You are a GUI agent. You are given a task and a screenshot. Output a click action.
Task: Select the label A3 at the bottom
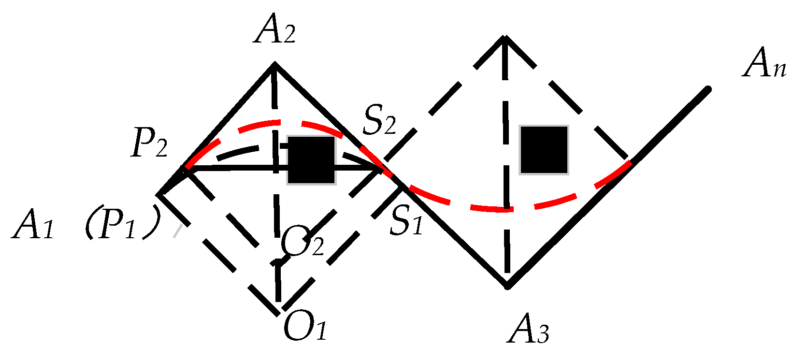[528, 332]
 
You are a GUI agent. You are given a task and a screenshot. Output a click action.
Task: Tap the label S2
[379, 122]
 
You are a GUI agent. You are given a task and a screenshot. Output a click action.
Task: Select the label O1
[305, 327]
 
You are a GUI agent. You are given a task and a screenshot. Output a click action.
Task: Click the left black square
[311, 160]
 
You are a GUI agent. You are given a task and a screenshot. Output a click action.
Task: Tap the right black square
[544, 149]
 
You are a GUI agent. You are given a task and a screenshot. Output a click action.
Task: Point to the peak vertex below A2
[274, 63]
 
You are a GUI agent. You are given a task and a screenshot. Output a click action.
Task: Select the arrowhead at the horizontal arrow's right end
[379, 168]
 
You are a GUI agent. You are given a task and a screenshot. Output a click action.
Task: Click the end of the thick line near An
[708, 89]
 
